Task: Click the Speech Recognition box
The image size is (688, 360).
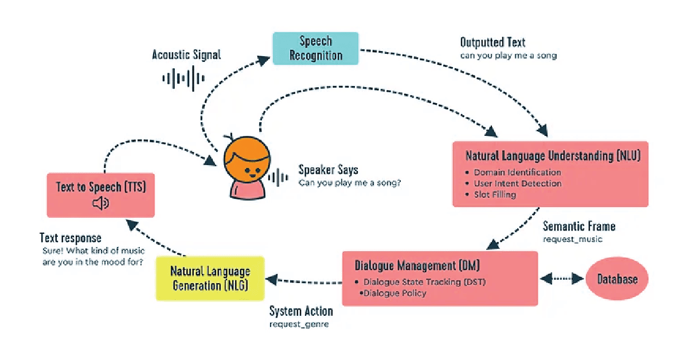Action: click(x=315, y=48)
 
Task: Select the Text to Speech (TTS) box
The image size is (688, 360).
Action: click(x=100, y=195)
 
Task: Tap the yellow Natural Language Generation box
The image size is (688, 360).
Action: click(x=211, y=278)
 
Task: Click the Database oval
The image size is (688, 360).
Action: click(x=617, y=279)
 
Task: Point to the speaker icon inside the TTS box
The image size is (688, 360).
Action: click(x=100, y=204)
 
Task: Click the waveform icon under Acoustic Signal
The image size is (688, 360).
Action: click(x=183, y=78)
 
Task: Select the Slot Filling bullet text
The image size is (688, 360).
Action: click(x=495, y=194)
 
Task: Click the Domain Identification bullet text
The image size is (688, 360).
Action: click(x=517, y=172)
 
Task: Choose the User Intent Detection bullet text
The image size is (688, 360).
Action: click(x=517, y=183)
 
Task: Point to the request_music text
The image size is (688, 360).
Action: click(x=573, y=238)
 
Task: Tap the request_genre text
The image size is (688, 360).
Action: click(x=299, y=324)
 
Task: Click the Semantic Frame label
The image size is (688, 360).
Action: click(x=579, y=226)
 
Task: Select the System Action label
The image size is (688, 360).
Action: click(x=301, y=312)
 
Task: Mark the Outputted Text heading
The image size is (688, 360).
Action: click(x=492, y=42)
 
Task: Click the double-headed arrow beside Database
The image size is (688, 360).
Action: click(x=562, y=279)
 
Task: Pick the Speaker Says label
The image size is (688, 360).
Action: click(x=328, y=170)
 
